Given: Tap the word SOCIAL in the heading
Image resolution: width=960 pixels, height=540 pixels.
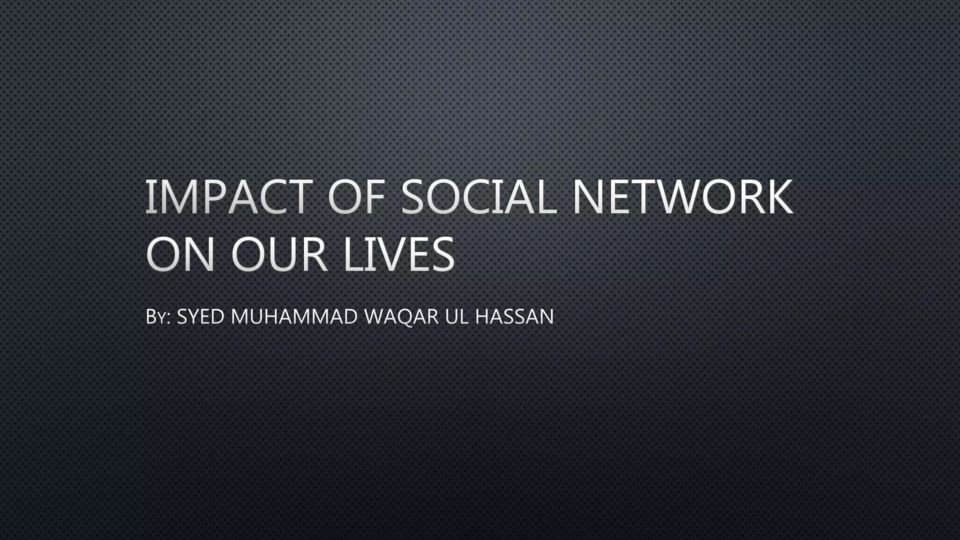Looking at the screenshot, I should (479, 197).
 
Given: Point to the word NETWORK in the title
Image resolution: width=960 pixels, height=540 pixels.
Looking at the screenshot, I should (682, 197).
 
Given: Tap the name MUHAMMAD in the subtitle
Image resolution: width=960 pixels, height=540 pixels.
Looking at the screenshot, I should (294, 316).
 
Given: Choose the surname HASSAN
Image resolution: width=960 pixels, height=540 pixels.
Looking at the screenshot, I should (514, 316).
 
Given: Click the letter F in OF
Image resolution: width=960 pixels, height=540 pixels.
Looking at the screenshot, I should (374, 197).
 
